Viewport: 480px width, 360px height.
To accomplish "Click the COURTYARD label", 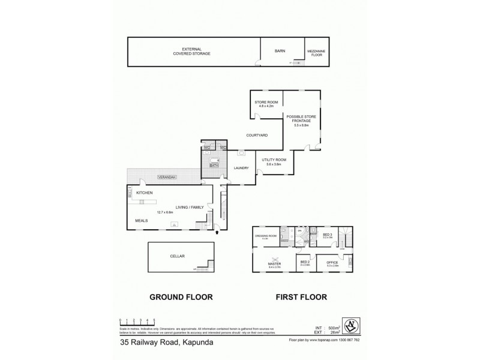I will tap(256, 136).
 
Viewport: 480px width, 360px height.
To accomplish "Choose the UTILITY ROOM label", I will tap(274, 160).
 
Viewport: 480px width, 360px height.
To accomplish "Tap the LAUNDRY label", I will tap(241, 168).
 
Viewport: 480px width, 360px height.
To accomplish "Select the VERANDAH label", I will tap(167, 177).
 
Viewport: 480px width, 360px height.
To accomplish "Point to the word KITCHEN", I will tap(145, 193).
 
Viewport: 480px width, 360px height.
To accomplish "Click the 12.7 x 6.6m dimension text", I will tap(164, 212).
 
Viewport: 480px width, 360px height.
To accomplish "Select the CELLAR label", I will tap(177, 256).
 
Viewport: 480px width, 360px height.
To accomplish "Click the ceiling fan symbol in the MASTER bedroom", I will tap(274, 257).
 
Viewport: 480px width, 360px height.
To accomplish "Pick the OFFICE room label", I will tap(332, 263).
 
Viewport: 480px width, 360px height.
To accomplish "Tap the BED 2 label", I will tap(305, 263).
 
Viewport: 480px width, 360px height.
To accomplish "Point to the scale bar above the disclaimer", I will tap(137, 321).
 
